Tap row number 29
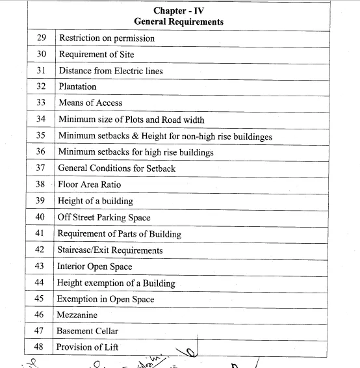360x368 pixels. pyautogui.click(x=40, y=38)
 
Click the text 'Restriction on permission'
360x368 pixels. pyautogui.click(x=107, y=38)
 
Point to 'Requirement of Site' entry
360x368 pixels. pyautogui.click(x=96, y=54)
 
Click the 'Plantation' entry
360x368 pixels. pyautogui.click(x=77, y=86)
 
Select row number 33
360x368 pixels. pyautogui.click(x=40, y=103)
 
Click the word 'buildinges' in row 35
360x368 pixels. pyautogui.click(x=251, y=136)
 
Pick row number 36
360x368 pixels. pyautogui.click(x=40, y=152)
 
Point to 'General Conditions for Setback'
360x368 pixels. pyautogui.click(x=117, y=168)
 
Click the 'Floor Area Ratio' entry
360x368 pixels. pyautogui.click(x=90, y=185)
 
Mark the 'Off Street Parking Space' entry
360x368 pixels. pyautogui.click(x=104, y=218)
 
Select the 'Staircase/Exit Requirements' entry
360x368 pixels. pyautogui.click(x=110, y=250)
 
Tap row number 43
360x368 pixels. pyautogui.click(x=40, y=267)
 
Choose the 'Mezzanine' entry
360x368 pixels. pyautogui.click(x=77, y=315)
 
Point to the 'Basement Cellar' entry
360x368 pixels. pyautogui.click(x=87, y=331)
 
